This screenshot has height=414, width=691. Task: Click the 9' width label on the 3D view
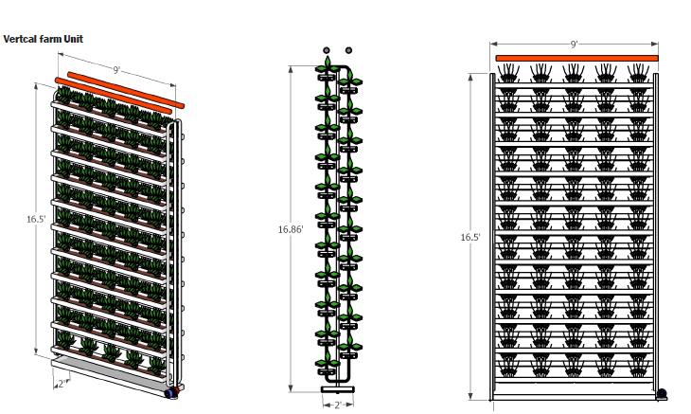tap(115, 69)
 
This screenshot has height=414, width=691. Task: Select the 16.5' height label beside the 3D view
tap(36, 219)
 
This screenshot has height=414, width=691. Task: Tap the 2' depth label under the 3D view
tap(62, 383)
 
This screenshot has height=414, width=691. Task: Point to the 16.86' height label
tap(291, 228)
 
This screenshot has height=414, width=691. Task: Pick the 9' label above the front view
tap(574, 45)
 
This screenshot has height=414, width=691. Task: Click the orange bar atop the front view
tap(576, 59)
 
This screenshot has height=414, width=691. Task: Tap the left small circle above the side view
tap(327, 49)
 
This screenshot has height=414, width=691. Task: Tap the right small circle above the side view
tap(349, 49)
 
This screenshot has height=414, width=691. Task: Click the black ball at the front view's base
tap(662, 392)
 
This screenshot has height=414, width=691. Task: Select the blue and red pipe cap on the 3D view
tap(172, 391)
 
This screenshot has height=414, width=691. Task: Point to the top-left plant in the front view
tap(510, 73)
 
